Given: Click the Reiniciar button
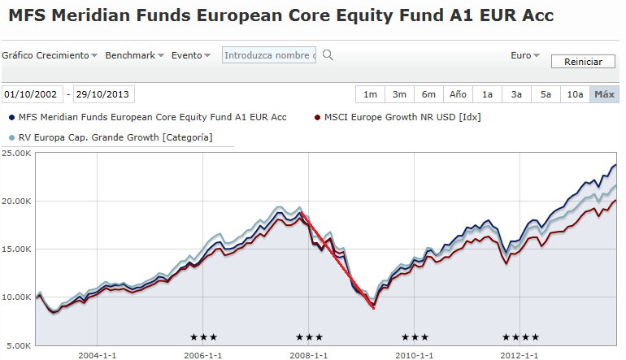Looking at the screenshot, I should [583, 62].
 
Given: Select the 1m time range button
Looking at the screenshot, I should [370, 94].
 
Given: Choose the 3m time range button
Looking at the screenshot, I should [399, 94].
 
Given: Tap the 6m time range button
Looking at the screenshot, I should [428, 94].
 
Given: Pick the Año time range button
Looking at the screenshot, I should [458, 94].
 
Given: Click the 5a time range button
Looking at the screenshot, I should [546, 94].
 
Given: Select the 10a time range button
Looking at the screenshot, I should [575, 94].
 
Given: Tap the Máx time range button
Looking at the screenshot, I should [604, 94].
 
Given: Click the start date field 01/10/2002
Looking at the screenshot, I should [31, 94].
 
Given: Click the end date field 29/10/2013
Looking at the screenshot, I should [102, 94].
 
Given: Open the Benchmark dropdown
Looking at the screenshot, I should [135, 55].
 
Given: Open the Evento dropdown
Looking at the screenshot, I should [190, 55].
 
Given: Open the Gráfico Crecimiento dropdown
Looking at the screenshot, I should [49, 55].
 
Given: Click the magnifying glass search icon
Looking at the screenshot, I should [328, 55].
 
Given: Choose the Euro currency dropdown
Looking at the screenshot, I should [525, 55].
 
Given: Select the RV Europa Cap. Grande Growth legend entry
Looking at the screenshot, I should [114, 137].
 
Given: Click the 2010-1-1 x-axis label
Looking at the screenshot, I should [415, 355].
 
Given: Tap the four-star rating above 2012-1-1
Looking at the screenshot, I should [520, 337].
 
